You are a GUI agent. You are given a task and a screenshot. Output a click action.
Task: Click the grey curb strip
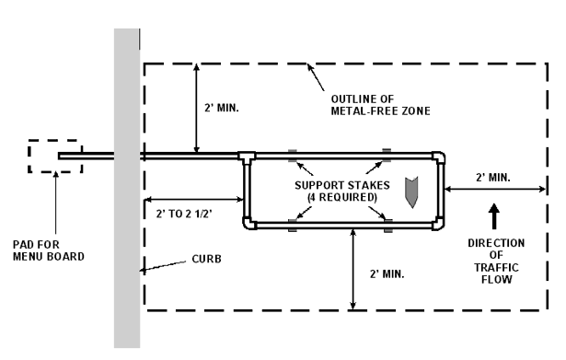(127, 188)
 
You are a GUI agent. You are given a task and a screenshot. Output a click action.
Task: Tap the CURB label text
(206, 260)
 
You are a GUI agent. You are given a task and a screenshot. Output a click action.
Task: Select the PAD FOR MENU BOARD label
(49, 250)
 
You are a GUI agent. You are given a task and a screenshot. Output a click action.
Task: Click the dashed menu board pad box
(29, 156)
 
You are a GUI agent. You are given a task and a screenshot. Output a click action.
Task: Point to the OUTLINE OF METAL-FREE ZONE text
(380, 105)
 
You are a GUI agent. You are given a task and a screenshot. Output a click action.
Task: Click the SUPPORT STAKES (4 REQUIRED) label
(342, 191)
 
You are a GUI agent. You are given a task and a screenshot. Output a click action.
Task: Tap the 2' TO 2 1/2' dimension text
(184, 214)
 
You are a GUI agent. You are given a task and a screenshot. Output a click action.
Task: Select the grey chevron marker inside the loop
(411, 192)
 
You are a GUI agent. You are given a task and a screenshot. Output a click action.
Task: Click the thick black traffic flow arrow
(494, 216)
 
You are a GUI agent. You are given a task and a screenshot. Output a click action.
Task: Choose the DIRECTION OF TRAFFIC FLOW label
(496, 261)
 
